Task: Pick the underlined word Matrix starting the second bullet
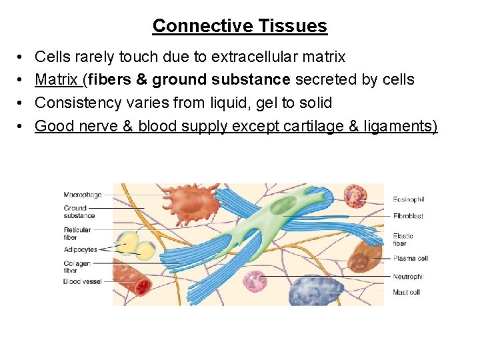[58, 80]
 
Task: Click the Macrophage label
[83, 195]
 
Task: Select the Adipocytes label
[81, 249]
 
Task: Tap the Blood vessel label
[83, 281]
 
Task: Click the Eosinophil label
[409, 199]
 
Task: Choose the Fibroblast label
[408, 216]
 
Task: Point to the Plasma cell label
[410, 258]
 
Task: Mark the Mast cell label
[406, 292]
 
